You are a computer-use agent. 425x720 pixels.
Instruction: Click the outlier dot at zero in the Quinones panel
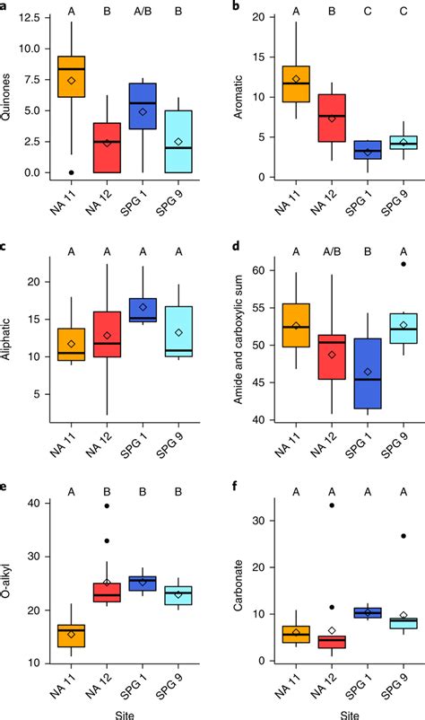point(72,172)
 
